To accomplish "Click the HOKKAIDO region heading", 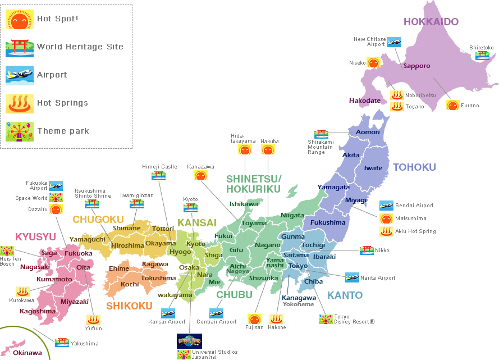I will (x=431, y=22).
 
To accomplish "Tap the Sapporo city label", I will (x=416, y=66).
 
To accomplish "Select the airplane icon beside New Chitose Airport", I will (x=395, y=42).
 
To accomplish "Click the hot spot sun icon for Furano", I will (x=452, y=105).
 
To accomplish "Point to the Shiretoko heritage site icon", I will (x=482, y=56).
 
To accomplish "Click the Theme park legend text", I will (x=63, y=131).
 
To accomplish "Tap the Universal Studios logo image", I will (x=189, y=340).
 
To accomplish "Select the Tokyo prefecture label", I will (x=298, y=266).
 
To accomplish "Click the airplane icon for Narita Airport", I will (x=352, y=277).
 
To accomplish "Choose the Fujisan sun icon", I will (x=254, y=320).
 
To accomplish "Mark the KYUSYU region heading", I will (x=35, y=236).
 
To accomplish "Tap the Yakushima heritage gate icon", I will (x=62, y=342).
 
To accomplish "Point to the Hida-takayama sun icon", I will (x=245, y=150).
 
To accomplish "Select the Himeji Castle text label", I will (x=160, y=167).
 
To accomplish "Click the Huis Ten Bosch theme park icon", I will (x=7, y=250).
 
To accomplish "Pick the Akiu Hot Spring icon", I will (x=386, y=231).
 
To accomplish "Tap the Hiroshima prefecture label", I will (x=127, y=245).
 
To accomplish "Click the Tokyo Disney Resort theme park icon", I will (x=326, y=319).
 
